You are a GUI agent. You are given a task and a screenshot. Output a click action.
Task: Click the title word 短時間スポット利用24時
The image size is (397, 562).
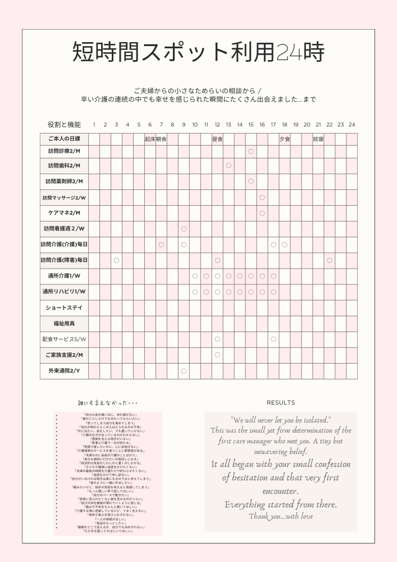click(x=198, y=53)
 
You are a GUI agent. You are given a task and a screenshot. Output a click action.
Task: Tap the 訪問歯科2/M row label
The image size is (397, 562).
click(x=64, y=166)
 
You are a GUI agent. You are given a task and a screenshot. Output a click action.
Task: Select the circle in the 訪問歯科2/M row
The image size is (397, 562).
click(x=229, y=165)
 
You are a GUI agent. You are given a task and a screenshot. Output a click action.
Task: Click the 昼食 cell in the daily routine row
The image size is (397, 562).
click(x=217, y=139)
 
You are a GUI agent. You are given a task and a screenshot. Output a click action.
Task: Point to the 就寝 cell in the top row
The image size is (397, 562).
click(x=318, y=139)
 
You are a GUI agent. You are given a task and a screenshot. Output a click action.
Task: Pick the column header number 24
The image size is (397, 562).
click(x=352, y=124)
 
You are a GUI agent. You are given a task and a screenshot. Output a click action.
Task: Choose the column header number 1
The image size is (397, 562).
click(x=94, y=124)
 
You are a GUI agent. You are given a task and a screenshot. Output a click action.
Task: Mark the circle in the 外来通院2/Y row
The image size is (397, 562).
click(x=184, y=371)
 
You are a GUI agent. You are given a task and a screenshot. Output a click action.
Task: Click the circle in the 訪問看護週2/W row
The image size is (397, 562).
click(x=184, y=229)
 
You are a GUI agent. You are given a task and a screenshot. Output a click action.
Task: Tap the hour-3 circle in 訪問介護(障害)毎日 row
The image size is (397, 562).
click(x=116, y=260)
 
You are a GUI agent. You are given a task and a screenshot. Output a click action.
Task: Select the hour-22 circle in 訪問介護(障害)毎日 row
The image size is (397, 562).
click(x=329, y=260)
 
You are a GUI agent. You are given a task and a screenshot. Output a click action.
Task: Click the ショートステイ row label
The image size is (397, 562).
click(x=64, y=308)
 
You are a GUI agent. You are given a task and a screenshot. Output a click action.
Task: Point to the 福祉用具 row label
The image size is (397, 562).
click(x=64, y=324)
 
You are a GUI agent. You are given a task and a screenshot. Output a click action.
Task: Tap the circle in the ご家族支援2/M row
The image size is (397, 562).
click(x=217, y=355)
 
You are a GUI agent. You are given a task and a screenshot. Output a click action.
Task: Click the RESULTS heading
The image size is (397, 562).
click(x=281, y=403)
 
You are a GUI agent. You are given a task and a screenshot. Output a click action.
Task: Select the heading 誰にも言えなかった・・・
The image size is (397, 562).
click(x=108, y=403)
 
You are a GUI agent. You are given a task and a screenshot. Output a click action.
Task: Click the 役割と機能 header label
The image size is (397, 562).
click(x=64, y=124)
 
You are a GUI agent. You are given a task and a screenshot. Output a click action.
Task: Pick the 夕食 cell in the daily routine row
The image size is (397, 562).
click(x=285, y=139)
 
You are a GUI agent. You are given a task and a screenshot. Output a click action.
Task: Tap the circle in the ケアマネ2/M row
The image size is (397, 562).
click(x=262, y=213)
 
